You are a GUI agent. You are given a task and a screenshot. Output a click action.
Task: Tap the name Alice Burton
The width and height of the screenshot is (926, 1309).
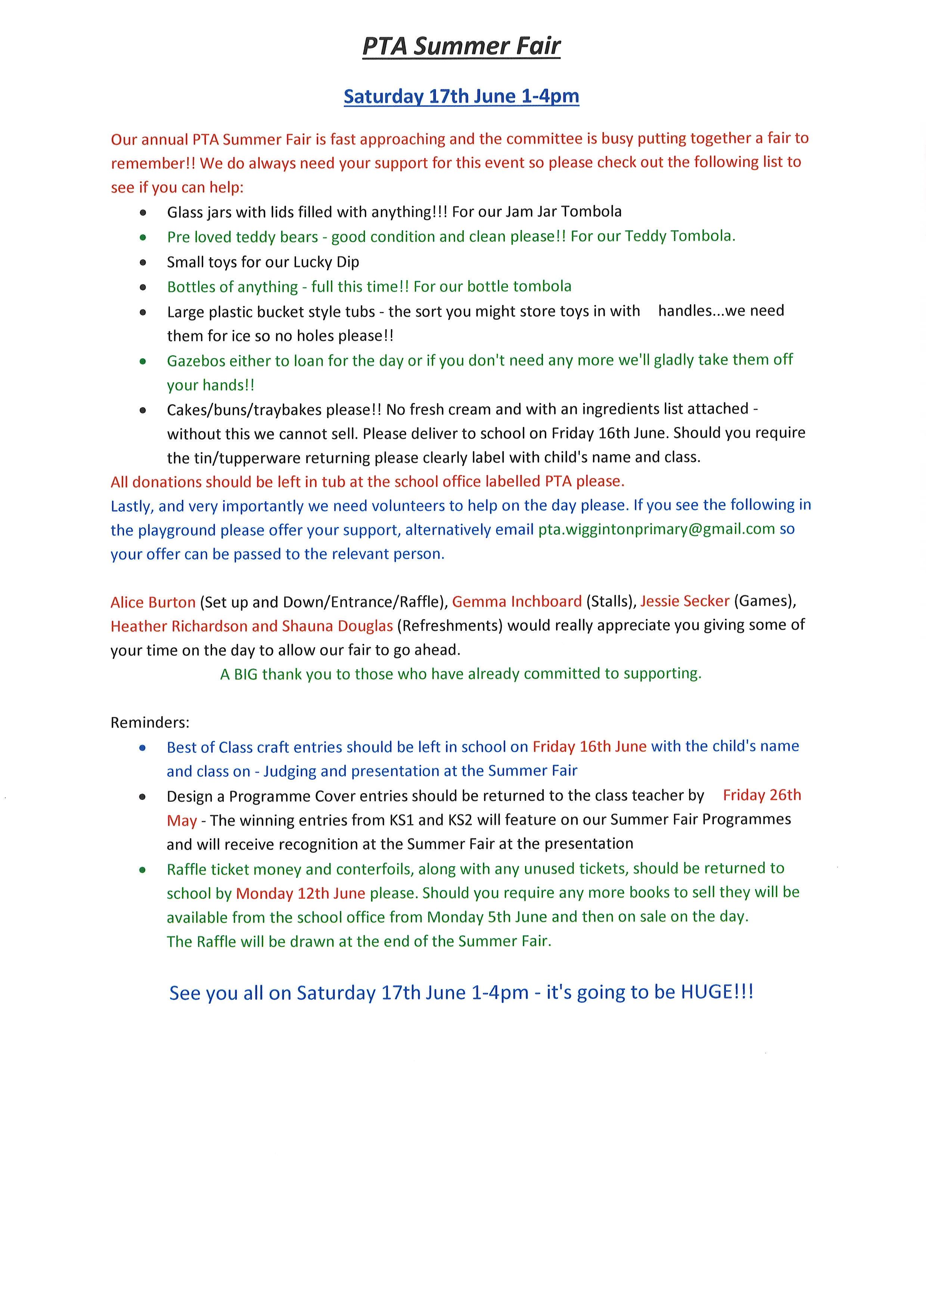pyautogui.click(x=153, y=602)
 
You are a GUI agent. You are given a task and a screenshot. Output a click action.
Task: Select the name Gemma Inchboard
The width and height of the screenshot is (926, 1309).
pyautogui.click(x=517, y=601)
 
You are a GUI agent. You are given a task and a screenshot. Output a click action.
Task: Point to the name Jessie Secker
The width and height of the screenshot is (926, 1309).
pyautogui.click(x=685, y=601)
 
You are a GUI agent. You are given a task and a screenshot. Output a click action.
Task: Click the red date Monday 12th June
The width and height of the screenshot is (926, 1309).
pyautogui.click(x=301, y=893)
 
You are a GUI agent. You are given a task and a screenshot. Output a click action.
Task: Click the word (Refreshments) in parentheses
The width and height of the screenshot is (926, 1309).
pyautogui.click(x=449, y=626)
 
